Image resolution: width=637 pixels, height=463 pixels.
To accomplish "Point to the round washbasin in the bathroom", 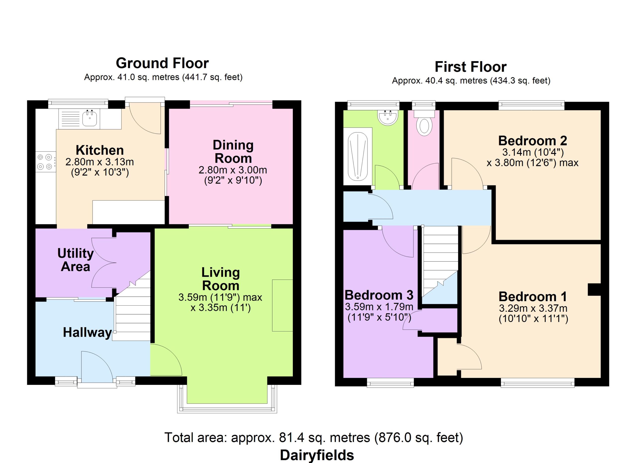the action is (x=388, y=117).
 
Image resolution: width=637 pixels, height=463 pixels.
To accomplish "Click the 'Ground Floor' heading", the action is (x=162, y=63).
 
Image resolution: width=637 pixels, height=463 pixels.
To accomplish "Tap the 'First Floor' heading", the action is (x=471, y=67).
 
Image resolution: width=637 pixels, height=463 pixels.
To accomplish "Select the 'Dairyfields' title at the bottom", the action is (x=317, y=455).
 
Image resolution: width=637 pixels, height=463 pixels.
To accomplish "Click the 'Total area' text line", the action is (x=314, y=437).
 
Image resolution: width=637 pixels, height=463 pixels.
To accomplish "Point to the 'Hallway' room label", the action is (x=87, y=332).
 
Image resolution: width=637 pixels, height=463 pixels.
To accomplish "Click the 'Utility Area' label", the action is (x=76, y=260).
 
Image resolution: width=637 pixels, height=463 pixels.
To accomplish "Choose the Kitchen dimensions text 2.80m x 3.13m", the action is (x=100, y=162).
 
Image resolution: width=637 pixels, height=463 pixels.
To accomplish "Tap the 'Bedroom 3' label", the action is (x=379, y=295).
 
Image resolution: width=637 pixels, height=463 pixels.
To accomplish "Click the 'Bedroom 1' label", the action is (x=532, y=297).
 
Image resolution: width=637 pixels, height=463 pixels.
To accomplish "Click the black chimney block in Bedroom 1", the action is (x=594, y=290).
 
